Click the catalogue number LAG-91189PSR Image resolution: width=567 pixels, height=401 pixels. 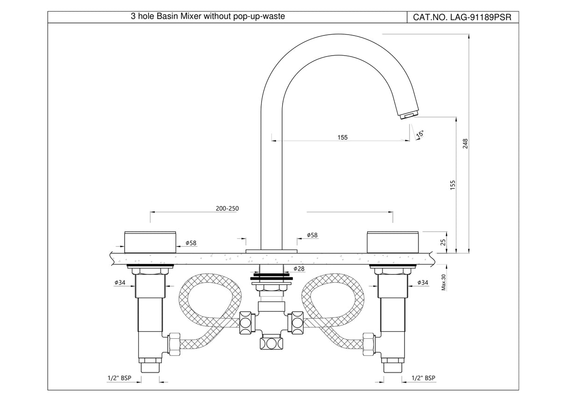click(462, 17)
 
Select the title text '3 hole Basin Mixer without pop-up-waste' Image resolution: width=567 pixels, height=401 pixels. click(207, 17)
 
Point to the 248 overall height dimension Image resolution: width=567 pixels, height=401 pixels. click(465, 143)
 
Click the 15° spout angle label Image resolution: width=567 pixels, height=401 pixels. click(420, 134)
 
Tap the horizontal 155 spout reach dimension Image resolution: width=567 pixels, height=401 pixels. click(342, 137)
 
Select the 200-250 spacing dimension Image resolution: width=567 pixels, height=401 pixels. click(228, 208)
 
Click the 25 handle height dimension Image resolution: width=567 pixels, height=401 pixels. click(443, 242)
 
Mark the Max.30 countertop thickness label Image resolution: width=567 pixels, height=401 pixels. click(444, 282)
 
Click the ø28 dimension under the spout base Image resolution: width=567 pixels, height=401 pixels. click(299, 269)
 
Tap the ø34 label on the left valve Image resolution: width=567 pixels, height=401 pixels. click(120, 282)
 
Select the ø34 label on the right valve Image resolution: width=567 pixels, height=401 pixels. click(422, 282)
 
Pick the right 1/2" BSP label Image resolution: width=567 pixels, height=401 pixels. click(424, 378)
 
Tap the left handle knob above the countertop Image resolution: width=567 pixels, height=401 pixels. click(150, 242)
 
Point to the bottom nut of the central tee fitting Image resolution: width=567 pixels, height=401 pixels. click(271, 344)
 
